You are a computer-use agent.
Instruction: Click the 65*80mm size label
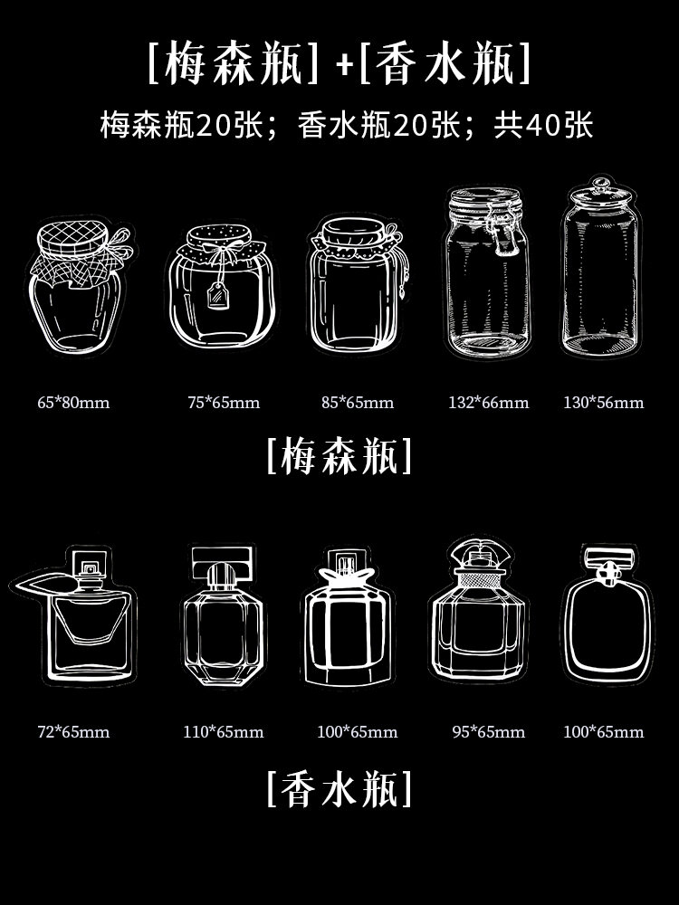73,403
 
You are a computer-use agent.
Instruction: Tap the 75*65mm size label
224,403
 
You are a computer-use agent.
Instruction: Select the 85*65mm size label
358,403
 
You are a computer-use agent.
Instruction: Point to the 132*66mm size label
489,403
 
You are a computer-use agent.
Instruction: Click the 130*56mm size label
603,403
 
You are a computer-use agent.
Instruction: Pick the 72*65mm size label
73,732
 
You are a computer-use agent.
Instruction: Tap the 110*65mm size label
224,732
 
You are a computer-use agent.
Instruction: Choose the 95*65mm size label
489,732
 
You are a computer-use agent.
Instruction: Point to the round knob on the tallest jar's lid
600,183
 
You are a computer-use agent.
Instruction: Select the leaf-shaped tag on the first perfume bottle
43,583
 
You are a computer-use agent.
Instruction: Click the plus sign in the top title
345,64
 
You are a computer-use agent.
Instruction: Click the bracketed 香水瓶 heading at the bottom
339,788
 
